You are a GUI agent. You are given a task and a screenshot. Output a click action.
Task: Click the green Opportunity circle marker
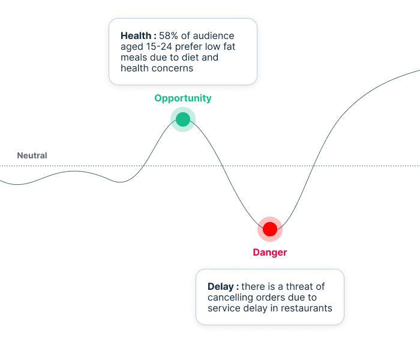click(x=183, y=119)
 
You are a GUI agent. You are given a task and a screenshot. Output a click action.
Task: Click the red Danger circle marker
click(x=270, y=229)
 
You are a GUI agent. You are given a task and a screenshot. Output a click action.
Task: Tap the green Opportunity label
click(x=183, y=98)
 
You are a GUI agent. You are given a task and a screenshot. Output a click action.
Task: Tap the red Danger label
click(x=270, y=252)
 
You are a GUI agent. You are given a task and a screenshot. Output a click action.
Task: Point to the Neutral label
click(x=32, y=155)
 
